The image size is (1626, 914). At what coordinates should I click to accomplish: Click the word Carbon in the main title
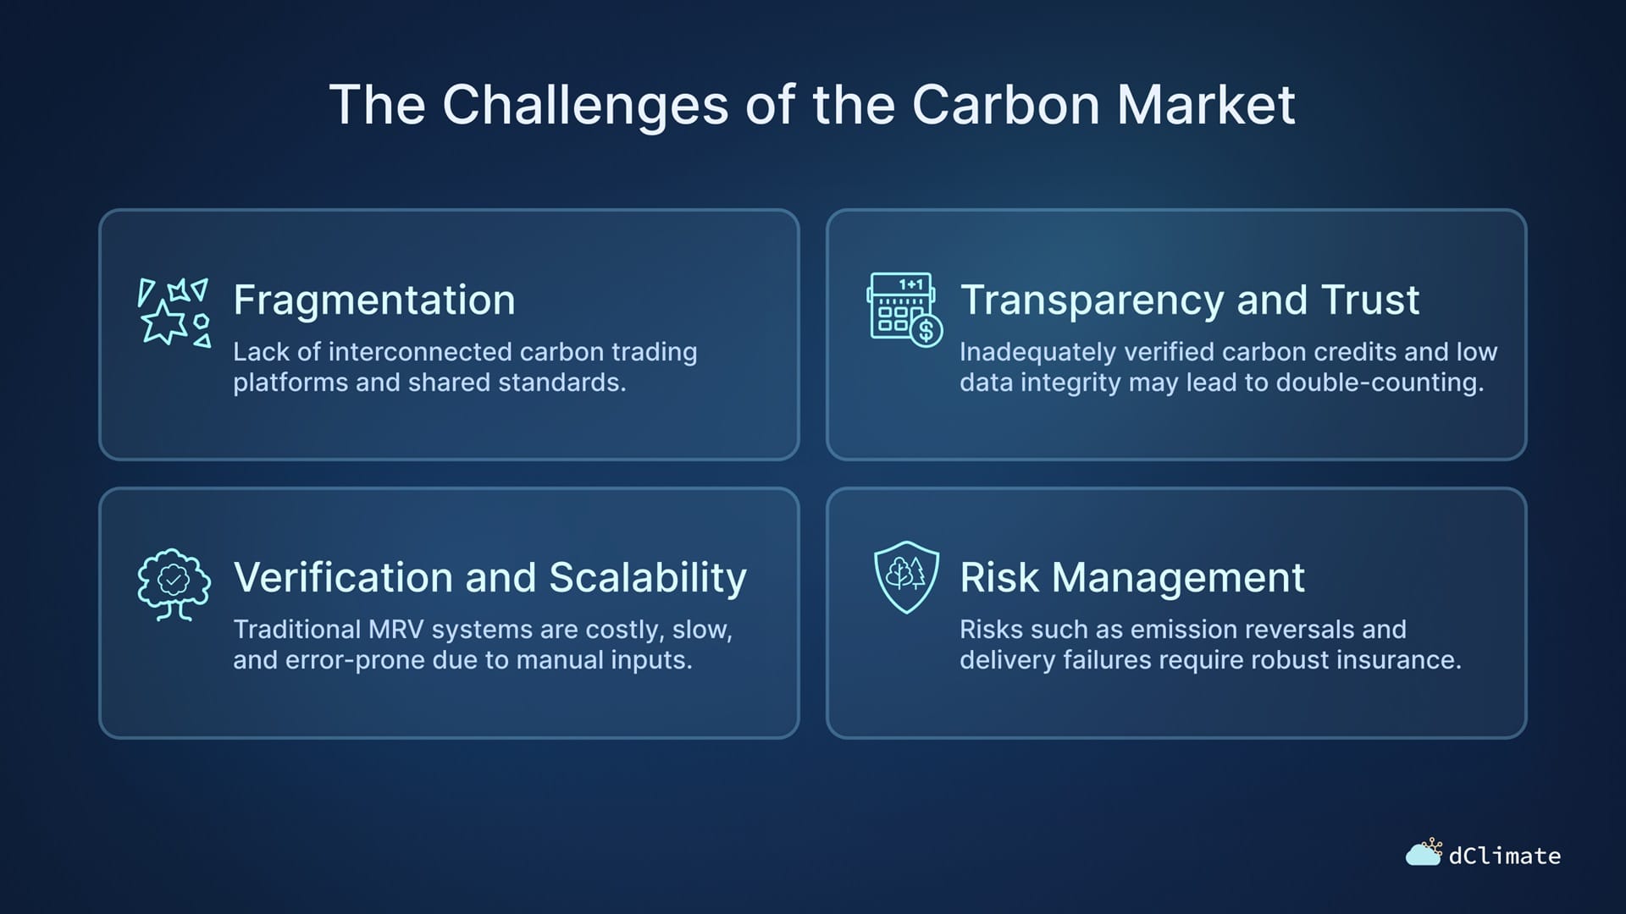[x=1007, y=105]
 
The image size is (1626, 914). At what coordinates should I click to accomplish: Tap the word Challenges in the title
[x=585, y=107]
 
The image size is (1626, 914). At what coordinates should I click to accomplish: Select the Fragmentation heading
[x=374, y=300]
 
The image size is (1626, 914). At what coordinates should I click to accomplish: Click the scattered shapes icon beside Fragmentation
[x=174, y=312]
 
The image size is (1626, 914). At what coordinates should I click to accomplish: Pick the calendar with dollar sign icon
[x=904, y=310]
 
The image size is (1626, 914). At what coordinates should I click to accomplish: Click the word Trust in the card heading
[x=1369, y=300]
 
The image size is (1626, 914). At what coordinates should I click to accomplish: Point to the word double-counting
[x=1380, y=383]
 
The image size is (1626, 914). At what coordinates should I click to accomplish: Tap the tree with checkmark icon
[x=174, y=584]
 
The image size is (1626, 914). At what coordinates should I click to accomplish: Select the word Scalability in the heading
[x=648, y=578]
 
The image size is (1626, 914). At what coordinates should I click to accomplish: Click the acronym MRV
[x=395, y=630]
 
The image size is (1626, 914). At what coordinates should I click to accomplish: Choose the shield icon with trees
[x=906, y=577]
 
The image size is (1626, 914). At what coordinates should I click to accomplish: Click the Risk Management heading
[x=1132, y=578]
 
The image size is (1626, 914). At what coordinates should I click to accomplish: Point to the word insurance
[x=1399, y=660]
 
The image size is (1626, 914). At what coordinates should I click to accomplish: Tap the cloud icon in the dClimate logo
[x=1423, y=855]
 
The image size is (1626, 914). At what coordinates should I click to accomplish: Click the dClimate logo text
[x=1505, y=856]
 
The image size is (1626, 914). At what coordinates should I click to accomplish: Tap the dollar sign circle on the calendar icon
[x=926, y=331]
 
